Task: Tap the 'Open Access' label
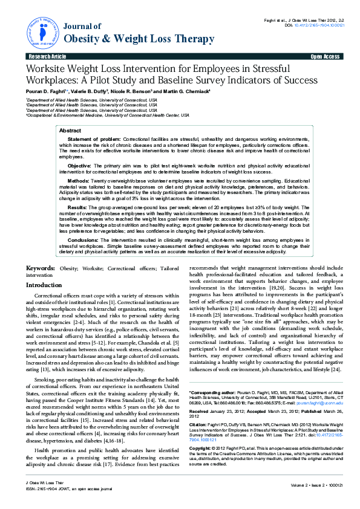click(325, 56)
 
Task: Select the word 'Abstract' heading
click(70, 131)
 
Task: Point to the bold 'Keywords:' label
click(41, 268)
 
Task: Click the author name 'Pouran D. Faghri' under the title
click(46, 91)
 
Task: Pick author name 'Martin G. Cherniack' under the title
click(182, 91)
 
